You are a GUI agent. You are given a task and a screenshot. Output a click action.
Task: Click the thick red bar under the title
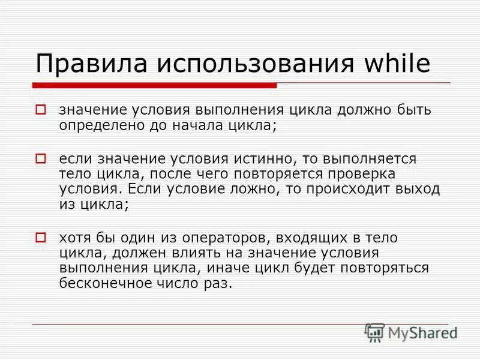[154, 86]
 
